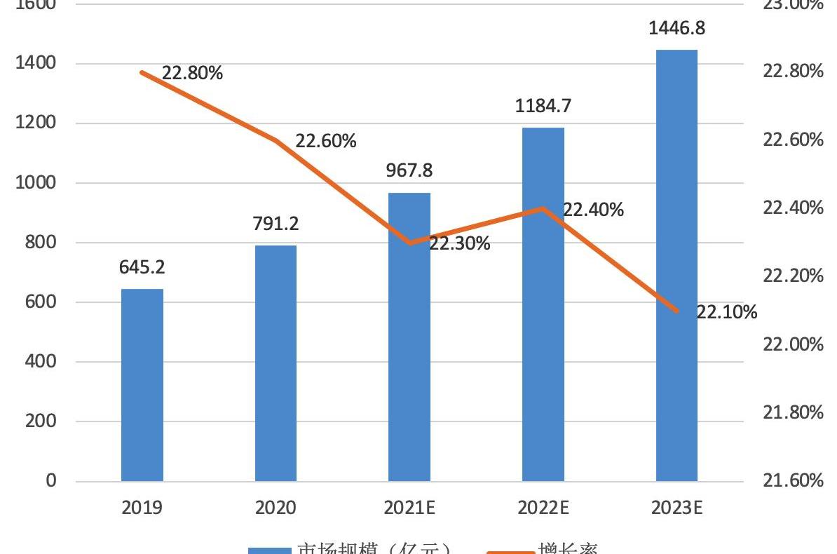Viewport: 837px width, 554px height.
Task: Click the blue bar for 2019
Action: (x=142, y=385)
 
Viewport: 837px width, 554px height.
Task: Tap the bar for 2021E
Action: (x=409, y=337)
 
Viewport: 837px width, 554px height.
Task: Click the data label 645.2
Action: (x=142, y=267)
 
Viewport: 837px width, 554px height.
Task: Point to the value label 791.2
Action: (x=275, y=223)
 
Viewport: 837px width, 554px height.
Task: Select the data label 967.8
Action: (x=409, y=170)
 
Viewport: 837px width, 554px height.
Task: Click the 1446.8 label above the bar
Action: (x=676, y=29)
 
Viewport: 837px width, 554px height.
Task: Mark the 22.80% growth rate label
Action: (x=192, y=73)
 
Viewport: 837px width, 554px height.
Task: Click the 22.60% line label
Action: (x=326, y=141)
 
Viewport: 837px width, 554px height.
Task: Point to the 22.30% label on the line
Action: (x=459, y=244)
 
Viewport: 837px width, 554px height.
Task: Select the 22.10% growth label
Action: (x=726, y=312)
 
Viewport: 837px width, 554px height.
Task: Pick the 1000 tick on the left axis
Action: (x=36, y=184)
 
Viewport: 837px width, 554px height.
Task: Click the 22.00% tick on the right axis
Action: (x=792, y=344)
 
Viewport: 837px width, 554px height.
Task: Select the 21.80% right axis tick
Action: (x=792, y=412)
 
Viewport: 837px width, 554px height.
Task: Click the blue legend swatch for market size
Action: (x=270, y=549)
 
